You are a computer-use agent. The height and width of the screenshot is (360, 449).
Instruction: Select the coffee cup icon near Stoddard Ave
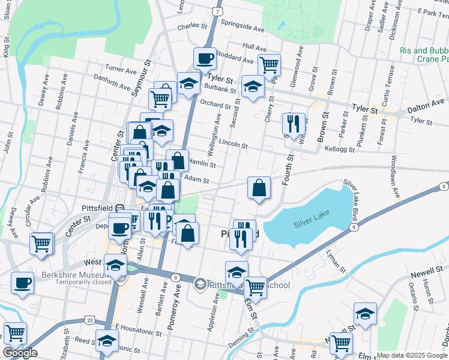coord(205,59)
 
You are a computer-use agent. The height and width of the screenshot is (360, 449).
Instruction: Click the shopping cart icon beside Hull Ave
coord(269,64)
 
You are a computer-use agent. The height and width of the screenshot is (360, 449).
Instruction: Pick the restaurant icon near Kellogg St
coord(294,124)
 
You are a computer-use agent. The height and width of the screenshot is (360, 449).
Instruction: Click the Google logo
coord(20,353)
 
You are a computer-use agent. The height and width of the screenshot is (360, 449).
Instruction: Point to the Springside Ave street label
coord(243,28)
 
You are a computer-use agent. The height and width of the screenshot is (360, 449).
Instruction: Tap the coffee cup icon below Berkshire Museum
coord(23,283)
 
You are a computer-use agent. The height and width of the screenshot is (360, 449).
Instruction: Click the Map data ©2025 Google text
coord(412,355)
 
